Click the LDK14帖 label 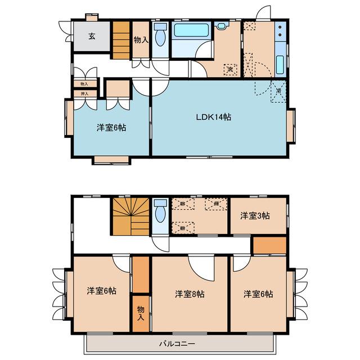[x=213, y=117]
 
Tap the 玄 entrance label [x=91, y=37]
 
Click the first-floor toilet [x=160, y=39]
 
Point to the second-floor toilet [x=160, y=213]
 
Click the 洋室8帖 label [x=189, y=294]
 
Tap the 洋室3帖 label [x=255, y=215]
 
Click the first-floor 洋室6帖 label [x=110, y=127]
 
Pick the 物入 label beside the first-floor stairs [x=140, y=39]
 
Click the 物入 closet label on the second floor [x=141, y=313]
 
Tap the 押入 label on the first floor [x=84, y=93]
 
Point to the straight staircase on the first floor [x=121, y=40]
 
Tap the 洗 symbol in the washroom [x=229, y=69]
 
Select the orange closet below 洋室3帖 [x=268, y=246]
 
